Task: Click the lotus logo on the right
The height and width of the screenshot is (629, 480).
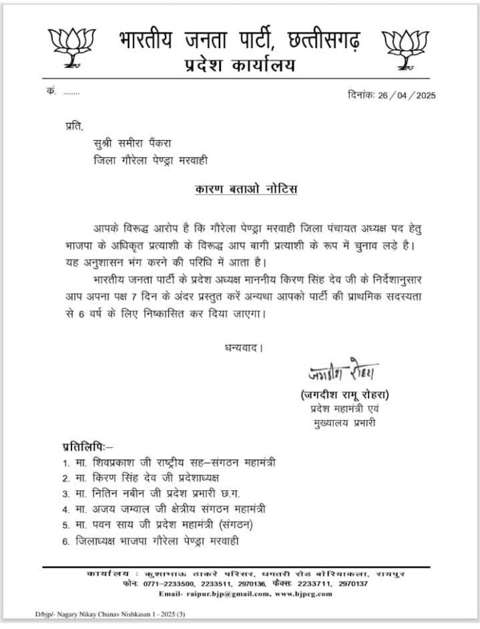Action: coord(406,45)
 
